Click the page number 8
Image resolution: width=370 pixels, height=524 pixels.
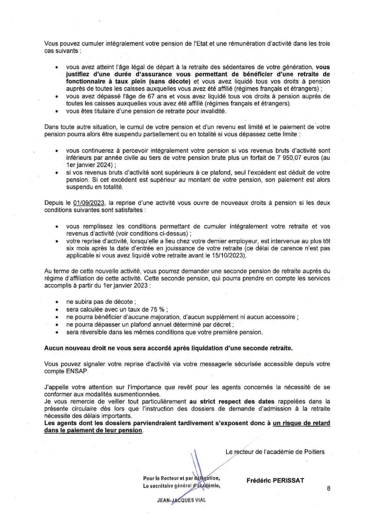[328, 488]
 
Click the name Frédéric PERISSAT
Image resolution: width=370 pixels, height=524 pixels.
[275, 480]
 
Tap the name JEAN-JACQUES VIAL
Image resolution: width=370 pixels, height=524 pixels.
[182, 501]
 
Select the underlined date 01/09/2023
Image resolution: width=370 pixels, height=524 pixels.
[89, 203]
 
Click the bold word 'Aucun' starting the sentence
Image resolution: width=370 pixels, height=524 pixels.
[53, 348]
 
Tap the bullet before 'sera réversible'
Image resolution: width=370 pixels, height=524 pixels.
[56, 333]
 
